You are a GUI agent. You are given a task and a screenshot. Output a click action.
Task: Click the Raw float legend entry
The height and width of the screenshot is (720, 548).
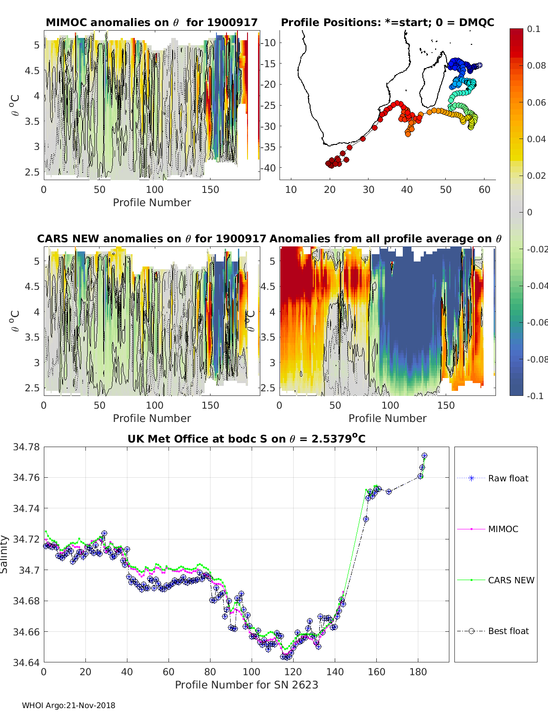coord(508,478)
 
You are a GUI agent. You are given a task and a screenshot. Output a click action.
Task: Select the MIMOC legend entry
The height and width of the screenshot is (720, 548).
coord(503,529)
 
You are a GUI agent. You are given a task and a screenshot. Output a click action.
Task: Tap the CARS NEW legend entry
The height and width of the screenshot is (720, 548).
coord(511,580)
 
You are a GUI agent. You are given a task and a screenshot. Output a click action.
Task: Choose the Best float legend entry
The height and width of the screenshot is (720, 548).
coord(508,631)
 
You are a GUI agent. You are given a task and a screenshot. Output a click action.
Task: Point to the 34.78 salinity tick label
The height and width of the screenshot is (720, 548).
coord(26,447)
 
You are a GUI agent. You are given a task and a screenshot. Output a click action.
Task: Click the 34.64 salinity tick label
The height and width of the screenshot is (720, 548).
coord(26,662)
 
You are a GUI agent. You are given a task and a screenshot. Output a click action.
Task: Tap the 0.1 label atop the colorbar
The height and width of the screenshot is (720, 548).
coord(533,29)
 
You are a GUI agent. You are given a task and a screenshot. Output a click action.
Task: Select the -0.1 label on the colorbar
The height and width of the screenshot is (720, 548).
coord(534,396)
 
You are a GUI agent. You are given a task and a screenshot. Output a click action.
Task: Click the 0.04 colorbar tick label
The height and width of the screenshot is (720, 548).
coord(536,139)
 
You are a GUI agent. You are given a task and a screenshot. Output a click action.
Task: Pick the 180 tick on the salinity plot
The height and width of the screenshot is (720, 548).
coord(418,672)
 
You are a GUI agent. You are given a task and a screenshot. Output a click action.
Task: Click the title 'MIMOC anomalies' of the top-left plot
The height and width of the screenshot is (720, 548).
coord(152,22)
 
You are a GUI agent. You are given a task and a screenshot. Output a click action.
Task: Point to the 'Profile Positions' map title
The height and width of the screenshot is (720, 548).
coord(387,22)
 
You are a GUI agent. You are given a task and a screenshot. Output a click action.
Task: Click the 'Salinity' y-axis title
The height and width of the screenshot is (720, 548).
coord(5,554)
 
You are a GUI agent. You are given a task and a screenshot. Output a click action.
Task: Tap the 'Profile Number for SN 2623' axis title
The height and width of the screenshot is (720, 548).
coord(246,685)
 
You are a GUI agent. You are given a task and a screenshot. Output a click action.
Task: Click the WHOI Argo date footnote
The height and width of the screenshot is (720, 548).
coord(68,705)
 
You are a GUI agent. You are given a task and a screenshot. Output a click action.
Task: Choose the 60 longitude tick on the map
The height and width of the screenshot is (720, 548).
coord(485,190)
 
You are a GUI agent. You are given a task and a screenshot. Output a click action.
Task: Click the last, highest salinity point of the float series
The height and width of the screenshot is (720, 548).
coord(424,456)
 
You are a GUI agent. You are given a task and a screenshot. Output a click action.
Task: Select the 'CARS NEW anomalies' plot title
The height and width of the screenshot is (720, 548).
coord(151,239)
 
